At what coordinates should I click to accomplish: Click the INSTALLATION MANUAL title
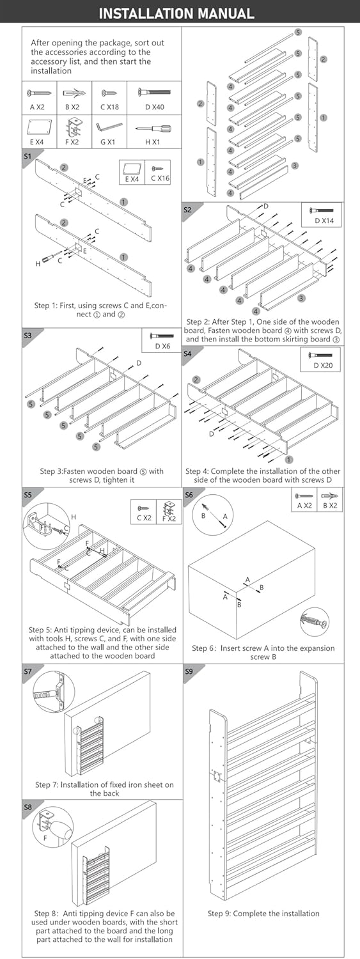176,13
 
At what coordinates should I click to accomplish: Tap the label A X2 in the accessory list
37,107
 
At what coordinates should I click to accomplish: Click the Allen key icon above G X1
109,128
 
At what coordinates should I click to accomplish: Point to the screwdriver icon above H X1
153,129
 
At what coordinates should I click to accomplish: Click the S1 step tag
28,156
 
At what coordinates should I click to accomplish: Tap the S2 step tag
187,210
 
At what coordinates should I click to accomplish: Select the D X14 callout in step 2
324,221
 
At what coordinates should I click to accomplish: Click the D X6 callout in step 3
162,346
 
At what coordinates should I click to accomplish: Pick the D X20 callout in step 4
323,365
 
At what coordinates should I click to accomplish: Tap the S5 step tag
28,495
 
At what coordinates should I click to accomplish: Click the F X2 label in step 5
169,518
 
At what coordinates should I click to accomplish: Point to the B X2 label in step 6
330,506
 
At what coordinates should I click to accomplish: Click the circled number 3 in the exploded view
295,166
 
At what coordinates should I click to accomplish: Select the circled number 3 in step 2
302,298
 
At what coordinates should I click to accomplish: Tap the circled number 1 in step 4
290,460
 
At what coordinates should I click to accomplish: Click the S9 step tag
189,671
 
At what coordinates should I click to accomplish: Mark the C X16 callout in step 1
160,179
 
